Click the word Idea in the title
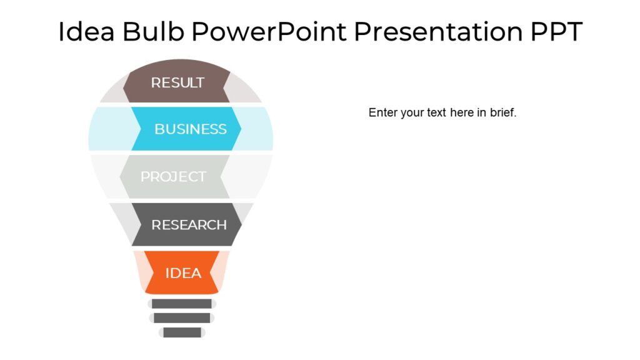pos(86,31)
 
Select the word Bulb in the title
pos(154,31)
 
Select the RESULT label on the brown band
pos(177,82)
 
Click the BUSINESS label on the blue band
pos(190,129)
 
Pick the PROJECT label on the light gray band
pos(173,177)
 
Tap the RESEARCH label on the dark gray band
pos(189,225)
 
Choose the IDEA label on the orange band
pos(183,273)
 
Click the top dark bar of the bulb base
pos(182,304)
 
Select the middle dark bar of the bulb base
pos(182,318)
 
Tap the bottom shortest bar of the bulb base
pos(182,332)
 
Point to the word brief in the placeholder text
pos(502,113)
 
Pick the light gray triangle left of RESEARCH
pos(125,222)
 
